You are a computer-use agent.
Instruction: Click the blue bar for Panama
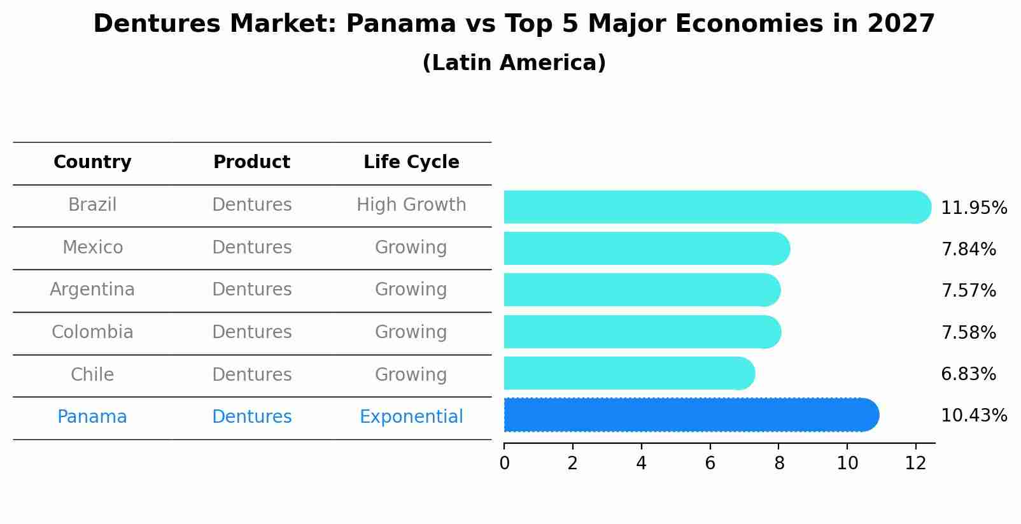click(691, 414)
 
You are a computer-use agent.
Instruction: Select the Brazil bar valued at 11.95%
click(716, 207)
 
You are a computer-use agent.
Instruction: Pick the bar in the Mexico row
click(646, 248)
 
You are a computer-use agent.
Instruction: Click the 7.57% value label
click(968, 291)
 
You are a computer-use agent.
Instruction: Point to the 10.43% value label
click(973, 416)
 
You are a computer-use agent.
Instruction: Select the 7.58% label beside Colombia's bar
click(968, 332)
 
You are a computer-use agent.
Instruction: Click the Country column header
click(92, 162)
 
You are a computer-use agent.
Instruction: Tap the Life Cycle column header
click(411, 162)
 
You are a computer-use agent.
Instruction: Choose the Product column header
click(251, 162)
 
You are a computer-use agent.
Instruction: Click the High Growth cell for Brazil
click(411, 205)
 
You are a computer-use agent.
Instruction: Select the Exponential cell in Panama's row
click(411, 417)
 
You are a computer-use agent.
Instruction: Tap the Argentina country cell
click(92, 290)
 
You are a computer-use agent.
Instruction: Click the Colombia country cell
click(92, 332)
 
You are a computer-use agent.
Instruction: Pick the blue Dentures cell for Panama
click(251, 417)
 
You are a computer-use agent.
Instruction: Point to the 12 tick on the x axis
click(915, 464)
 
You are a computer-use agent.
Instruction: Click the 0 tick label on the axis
click(504, 464)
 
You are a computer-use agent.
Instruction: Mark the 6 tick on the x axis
click(710, 464)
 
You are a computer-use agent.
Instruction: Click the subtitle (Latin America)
click(514, 63)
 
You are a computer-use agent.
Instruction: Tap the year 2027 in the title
click(901, 24)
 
